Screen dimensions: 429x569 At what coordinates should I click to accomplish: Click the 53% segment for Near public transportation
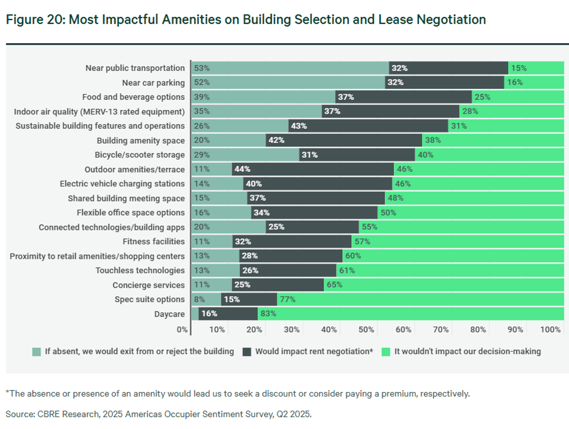click(290, 68)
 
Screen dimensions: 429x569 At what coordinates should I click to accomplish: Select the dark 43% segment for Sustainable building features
click(368, 126)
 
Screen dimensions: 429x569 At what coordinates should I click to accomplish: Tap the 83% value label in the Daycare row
click(268, 314)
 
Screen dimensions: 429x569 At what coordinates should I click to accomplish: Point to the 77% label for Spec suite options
click(287, 299)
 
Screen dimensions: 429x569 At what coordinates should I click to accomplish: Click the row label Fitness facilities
click(153, 242)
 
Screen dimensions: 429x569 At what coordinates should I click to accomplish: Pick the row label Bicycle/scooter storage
click(140, 155)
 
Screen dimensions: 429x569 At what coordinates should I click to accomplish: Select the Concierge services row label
click(148, 285)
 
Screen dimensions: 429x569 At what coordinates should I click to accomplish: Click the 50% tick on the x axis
click(366, 330)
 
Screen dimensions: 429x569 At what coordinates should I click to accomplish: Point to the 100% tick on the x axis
click(550, 330)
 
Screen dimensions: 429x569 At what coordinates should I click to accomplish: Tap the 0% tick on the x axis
click(182, 330)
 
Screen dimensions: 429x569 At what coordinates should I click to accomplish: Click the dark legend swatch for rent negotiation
click(247, 352)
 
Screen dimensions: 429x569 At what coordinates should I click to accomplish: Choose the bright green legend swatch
click(386, 352)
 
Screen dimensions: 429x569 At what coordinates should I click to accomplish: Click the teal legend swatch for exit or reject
click(37, 352)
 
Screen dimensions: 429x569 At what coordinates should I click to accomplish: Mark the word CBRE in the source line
click(49, 414)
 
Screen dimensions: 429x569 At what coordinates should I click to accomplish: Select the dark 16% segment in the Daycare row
click(228, 314)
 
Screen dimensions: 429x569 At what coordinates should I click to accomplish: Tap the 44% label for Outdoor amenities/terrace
click(242, 170)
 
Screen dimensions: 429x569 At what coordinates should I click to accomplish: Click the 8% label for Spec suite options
click(199, 299)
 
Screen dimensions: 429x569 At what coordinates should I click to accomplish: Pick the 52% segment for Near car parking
click(288, 83)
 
